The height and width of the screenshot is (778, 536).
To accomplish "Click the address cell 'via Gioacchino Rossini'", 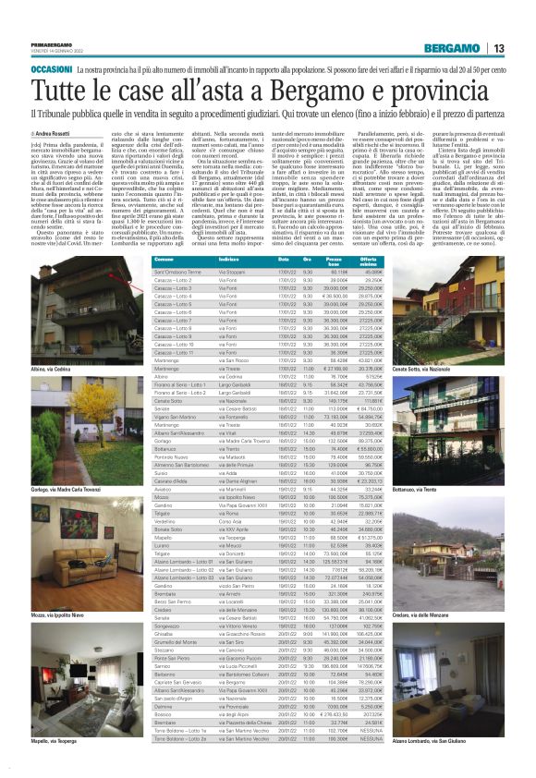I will coord(249,713).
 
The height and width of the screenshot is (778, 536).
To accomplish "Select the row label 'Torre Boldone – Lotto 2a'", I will coord(181,765).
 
